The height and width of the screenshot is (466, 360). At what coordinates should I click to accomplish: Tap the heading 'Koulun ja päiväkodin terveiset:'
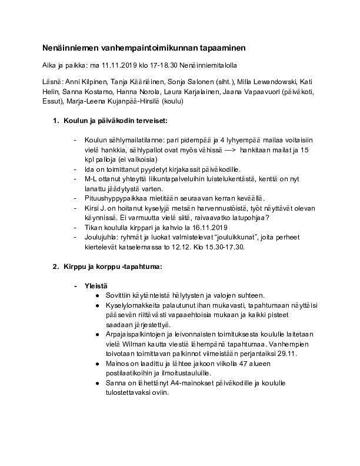115,121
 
